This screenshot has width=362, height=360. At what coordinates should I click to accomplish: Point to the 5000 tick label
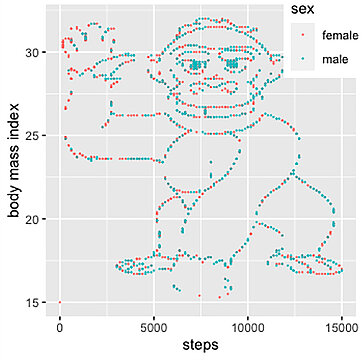point(154,326)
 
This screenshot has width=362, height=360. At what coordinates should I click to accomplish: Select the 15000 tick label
point(341,326)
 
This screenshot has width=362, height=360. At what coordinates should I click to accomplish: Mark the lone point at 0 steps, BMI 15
point(60,302)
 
